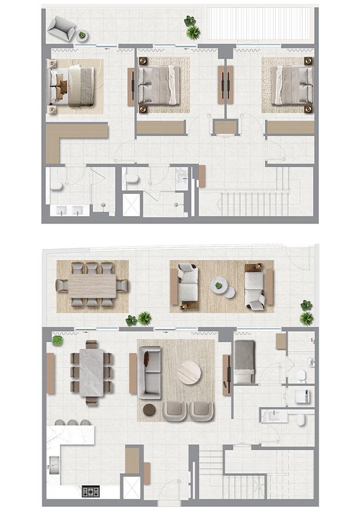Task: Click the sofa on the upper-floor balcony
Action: tap(60, 27)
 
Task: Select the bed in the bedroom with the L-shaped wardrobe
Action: tap(74, 86)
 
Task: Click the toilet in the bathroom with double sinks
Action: tap(56, 186)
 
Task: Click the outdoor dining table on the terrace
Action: tap(92, 286)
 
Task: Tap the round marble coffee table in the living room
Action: tap(189, 372)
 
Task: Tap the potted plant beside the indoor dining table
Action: tap(57, 341)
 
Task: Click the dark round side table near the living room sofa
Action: tap(149, 409)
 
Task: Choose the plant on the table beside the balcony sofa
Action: tap(82, 36)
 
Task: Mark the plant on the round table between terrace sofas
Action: tap(219, 286)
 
